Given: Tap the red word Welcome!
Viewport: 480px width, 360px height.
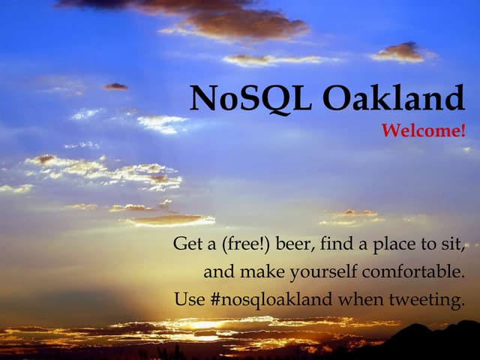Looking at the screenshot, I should (x=423, y=131).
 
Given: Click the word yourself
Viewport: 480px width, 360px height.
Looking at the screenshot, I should (x=335, y=271).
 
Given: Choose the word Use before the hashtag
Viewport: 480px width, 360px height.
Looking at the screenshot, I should (x=188, y=299).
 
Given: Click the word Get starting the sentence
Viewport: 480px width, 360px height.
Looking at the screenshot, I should (x=187, y=244).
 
